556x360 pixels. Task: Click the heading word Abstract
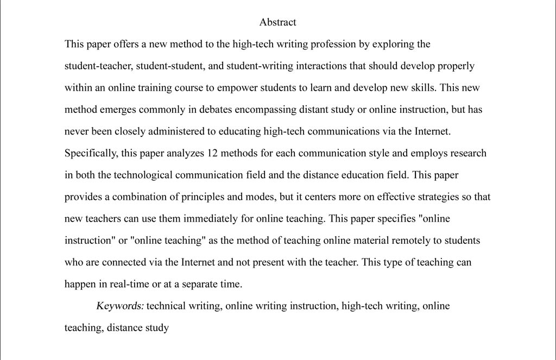(277, 22)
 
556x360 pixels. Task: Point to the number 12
(212, 153)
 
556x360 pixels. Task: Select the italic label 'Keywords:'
(120, 306)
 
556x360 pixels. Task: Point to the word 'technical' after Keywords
(166, 306)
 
